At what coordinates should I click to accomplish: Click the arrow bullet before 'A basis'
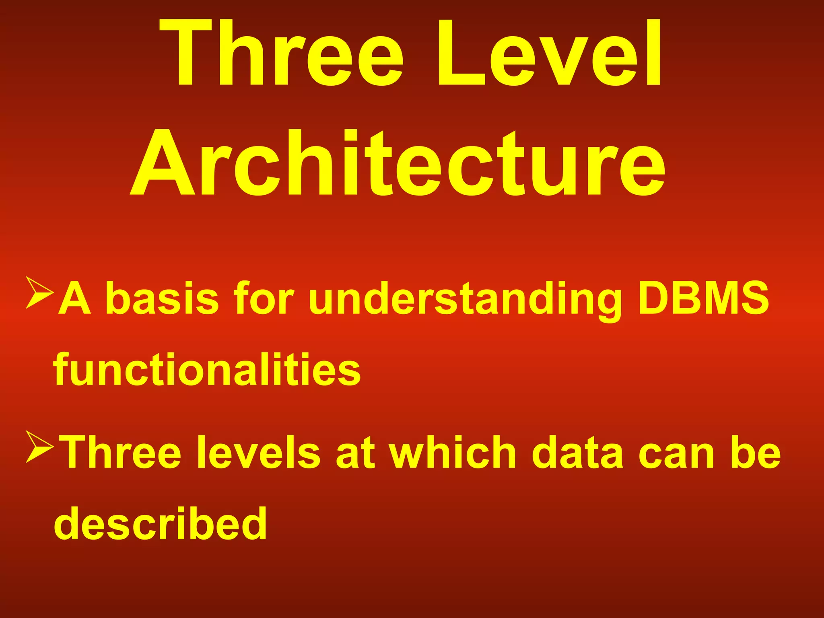39,293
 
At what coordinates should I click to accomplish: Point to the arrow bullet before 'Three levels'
39,447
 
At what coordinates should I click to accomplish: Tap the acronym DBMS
703,298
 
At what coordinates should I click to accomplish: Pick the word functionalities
207,369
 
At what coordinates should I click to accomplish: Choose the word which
452,452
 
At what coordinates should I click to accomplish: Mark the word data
578,452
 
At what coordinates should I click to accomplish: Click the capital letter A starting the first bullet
74,298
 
